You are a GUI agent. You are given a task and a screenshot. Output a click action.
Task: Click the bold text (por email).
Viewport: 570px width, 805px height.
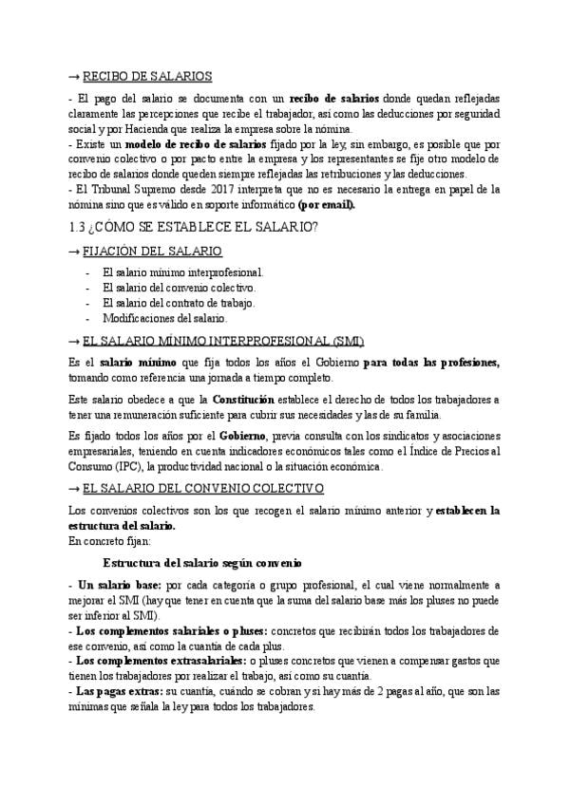[x=326, y=204]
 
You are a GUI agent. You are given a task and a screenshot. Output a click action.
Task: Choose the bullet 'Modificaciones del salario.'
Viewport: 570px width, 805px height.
[x=164, y=317]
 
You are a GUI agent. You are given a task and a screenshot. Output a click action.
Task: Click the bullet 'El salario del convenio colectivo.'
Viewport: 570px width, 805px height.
[x=179, y=287]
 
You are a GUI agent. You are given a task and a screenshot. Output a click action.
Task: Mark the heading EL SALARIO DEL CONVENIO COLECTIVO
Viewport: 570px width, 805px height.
[x=203, y=489]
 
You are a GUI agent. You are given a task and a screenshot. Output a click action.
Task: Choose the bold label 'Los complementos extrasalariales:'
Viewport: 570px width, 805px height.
[x=159, y=661]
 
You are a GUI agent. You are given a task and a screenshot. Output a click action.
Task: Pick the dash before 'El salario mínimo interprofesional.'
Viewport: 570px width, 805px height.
[x=87, y=271]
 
